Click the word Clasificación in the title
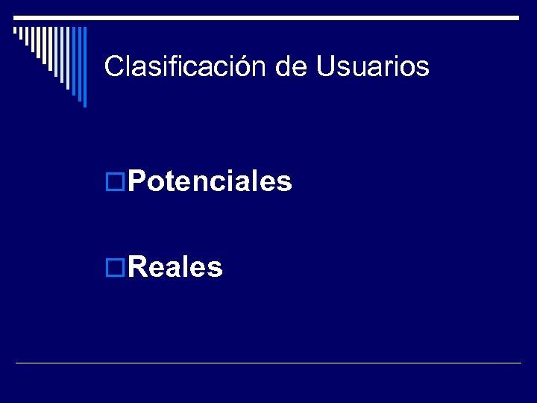(x=186, y=66)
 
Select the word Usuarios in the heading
(x=373, y=66)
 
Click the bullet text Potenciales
(x=210, y=181)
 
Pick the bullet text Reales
(x=175, y=266)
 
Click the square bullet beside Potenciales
(x=116, y=181)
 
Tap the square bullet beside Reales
(x=116, y=266)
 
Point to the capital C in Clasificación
(x=113, y=66)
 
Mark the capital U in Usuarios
(x=325, y=66)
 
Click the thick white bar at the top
(x=268, y=16)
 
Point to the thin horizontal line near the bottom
(x=268, y=363)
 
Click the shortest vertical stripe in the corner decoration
(x=15, y=31)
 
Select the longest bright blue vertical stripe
(x=84, y=66)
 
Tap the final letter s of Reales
(x=216, y=267)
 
